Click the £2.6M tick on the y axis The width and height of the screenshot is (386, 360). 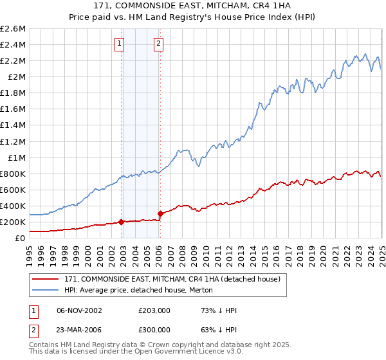point(13,29)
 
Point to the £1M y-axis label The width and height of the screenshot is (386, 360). point(16,157)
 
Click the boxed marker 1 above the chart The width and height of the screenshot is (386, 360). point(120,44)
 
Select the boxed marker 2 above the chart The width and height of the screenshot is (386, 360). point(158,44)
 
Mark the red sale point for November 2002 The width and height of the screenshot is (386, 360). point(121,222)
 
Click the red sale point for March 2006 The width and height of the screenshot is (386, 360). point(160,213)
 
